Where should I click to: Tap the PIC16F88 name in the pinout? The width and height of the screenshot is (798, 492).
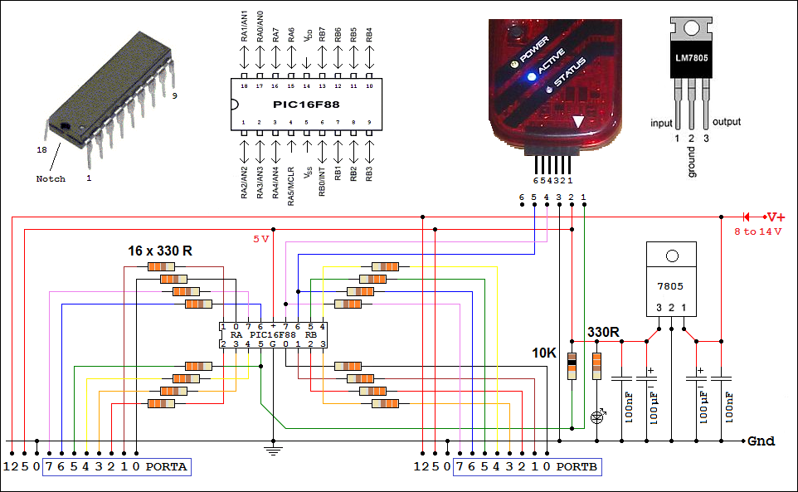click(x=306, y=105)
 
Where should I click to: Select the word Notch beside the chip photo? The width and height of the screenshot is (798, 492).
click(x=51, y=179)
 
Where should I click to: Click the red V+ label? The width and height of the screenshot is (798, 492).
click(x=776, y=217)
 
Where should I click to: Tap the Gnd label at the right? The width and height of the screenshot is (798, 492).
click(x=762, y=441)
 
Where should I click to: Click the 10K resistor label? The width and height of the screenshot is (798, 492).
click(x=544, y=353)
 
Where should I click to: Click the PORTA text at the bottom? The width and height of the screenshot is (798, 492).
click(x=167, y=467)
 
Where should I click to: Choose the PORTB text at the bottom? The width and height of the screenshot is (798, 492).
click(x=577, y=467)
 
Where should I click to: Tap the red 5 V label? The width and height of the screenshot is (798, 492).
click(x=261, y=239)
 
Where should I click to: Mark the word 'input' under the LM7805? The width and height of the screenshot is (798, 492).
click(x=661, y=123)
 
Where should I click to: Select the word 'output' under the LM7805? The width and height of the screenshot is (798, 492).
click(x=727, y=122)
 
